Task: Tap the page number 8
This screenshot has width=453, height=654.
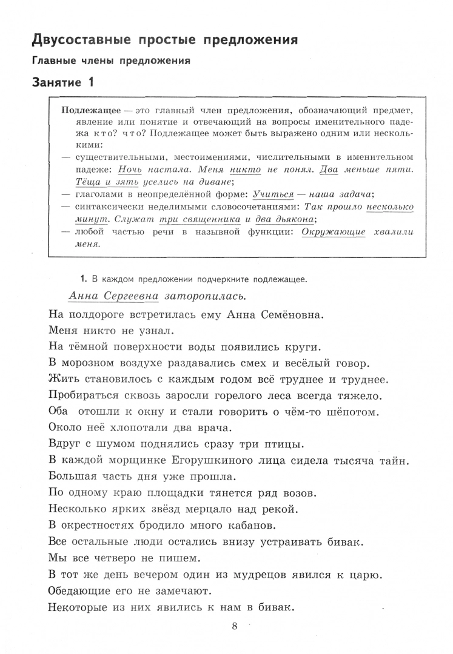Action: click(x=235, y=626)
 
